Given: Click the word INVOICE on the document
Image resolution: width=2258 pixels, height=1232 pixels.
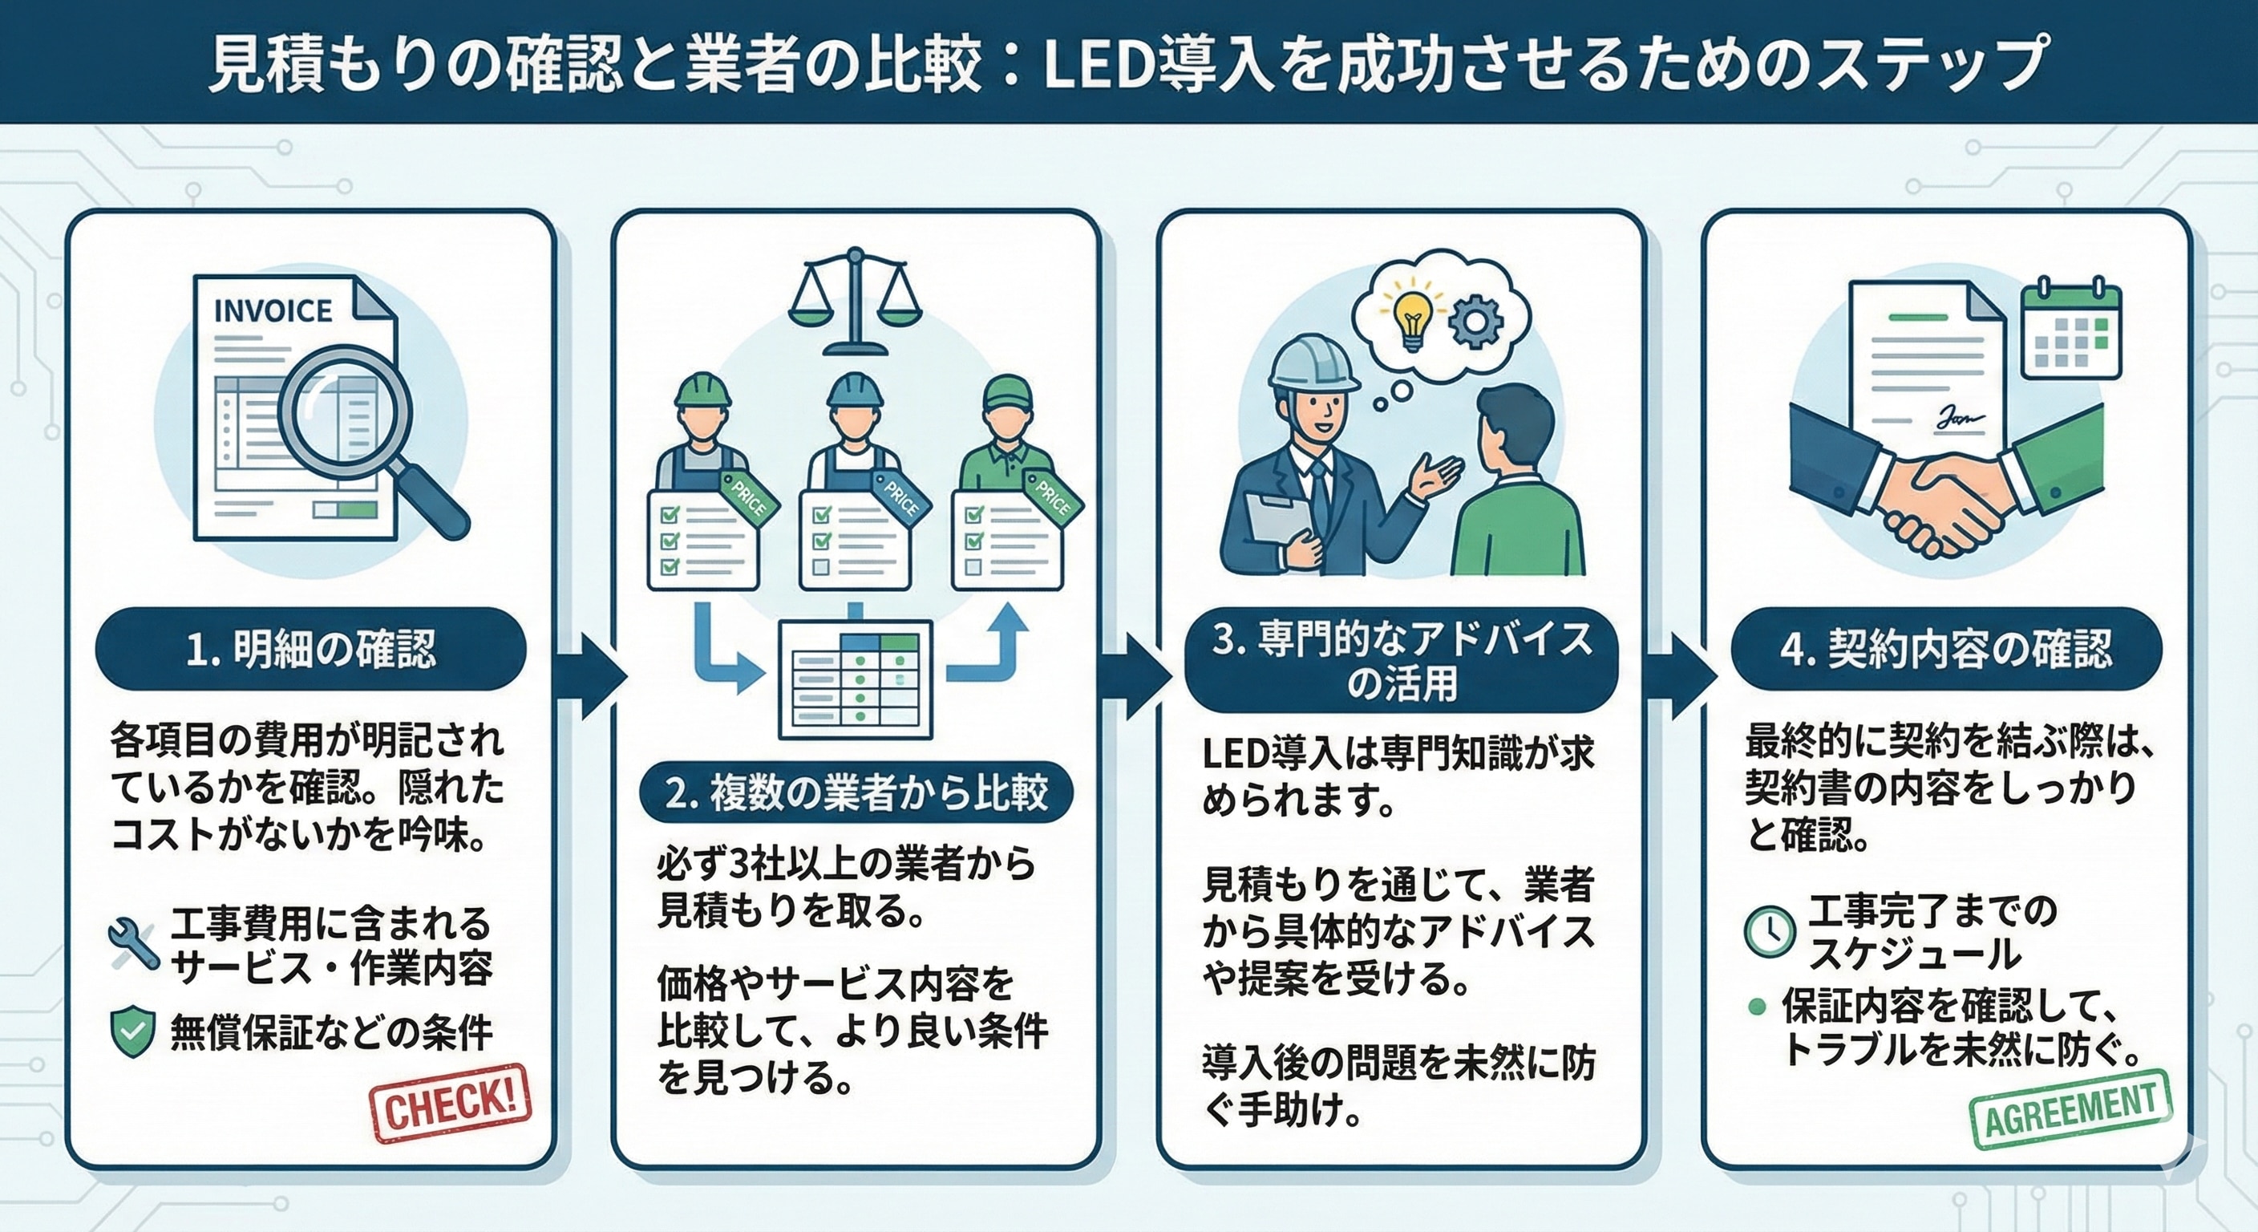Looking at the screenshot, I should tap(273, 310).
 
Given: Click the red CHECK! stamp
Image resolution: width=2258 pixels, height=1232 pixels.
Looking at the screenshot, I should tap(451, 1103).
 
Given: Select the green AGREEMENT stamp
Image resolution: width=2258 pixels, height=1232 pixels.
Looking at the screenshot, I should tap(2070, 1109).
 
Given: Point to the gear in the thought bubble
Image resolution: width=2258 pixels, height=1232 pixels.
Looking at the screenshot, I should tap(1475, 321).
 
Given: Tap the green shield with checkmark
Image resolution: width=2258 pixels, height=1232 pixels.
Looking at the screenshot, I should tap(132, 1032).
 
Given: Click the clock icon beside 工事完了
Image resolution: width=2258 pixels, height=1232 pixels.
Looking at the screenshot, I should tap(1769, 930).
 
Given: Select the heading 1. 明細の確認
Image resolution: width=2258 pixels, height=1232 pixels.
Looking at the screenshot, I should tap(310, 650).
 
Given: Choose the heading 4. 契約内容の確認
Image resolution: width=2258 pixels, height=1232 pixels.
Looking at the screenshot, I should tap(1946, 650).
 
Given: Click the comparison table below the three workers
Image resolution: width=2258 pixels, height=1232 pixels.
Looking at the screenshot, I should tap(855, 679).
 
